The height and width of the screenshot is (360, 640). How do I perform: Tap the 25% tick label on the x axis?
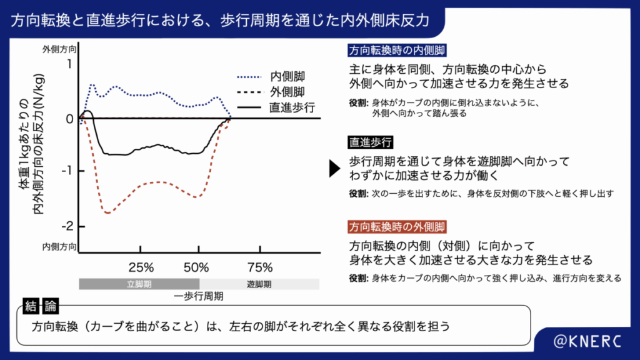[141, 268]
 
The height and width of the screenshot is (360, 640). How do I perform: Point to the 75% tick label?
[260, 268]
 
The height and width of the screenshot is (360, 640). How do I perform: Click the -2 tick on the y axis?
[69, 226]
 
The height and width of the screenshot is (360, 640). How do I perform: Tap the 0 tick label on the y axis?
[70, 119]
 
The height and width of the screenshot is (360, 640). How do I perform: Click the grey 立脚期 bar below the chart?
[139, 284]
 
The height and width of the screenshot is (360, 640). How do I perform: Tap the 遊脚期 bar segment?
[259, 284]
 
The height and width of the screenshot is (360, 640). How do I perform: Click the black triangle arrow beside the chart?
[334, 168]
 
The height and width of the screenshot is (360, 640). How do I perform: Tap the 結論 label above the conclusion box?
[42, 306]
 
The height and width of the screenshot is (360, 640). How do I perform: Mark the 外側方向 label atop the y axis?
[60, 49]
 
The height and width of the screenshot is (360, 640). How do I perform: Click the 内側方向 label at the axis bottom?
[60, 247]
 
